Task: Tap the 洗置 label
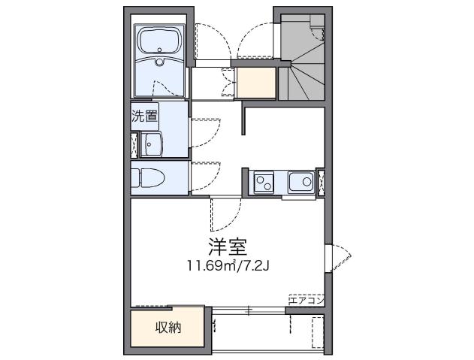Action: click(145, 116)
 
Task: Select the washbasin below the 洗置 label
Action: click(154, 144)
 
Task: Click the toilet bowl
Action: click(150, 180)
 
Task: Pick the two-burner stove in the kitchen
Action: click(264, 181)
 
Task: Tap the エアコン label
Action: click(306, 300)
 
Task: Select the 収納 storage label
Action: click(168, 327)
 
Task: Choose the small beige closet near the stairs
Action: click(256, 83)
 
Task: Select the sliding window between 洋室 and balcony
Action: click(248, 309)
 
